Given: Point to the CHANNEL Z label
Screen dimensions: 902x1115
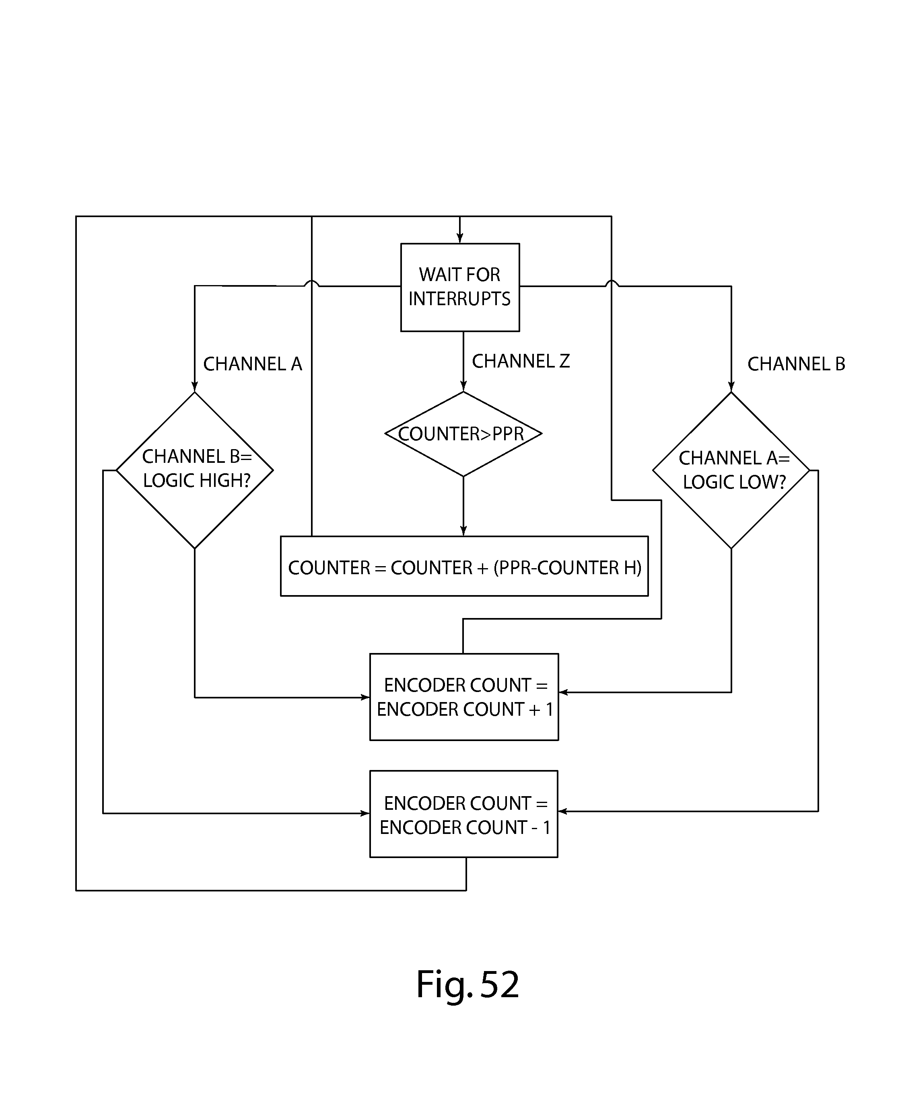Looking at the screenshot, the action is point(521,361).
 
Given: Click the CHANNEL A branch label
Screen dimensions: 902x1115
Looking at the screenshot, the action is point(253,364).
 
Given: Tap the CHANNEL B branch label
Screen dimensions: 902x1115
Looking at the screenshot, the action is point(796,364).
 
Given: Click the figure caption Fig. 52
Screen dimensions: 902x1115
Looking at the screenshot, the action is point(467,984).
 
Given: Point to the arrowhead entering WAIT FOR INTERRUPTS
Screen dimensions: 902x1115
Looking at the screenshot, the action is point(460,238).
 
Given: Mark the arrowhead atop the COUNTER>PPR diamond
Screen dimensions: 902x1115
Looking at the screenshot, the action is point(463,386).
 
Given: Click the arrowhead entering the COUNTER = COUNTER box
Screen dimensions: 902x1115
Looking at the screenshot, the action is point(463,531).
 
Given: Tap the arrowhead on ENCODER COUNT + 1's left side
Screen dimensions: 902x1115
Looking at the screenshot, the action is point(365,698).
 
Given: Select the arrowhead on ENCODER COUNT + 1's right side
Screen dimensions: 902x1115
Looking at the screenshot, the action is point(564,692).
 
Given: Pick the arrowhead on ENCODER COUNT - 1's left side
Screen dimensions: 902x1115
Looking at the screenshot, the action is point(365,813).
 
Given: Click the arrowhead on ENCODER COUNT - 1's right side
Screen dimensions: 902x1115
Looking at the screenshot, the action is point(563,811).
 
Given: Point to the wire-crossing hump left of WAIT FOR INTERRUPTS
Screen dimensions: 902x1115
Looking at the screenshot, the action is point(311,283).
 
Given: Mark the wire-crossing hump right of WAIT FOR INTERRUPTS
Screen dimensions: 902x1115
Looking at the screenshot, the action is point(612,283).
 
